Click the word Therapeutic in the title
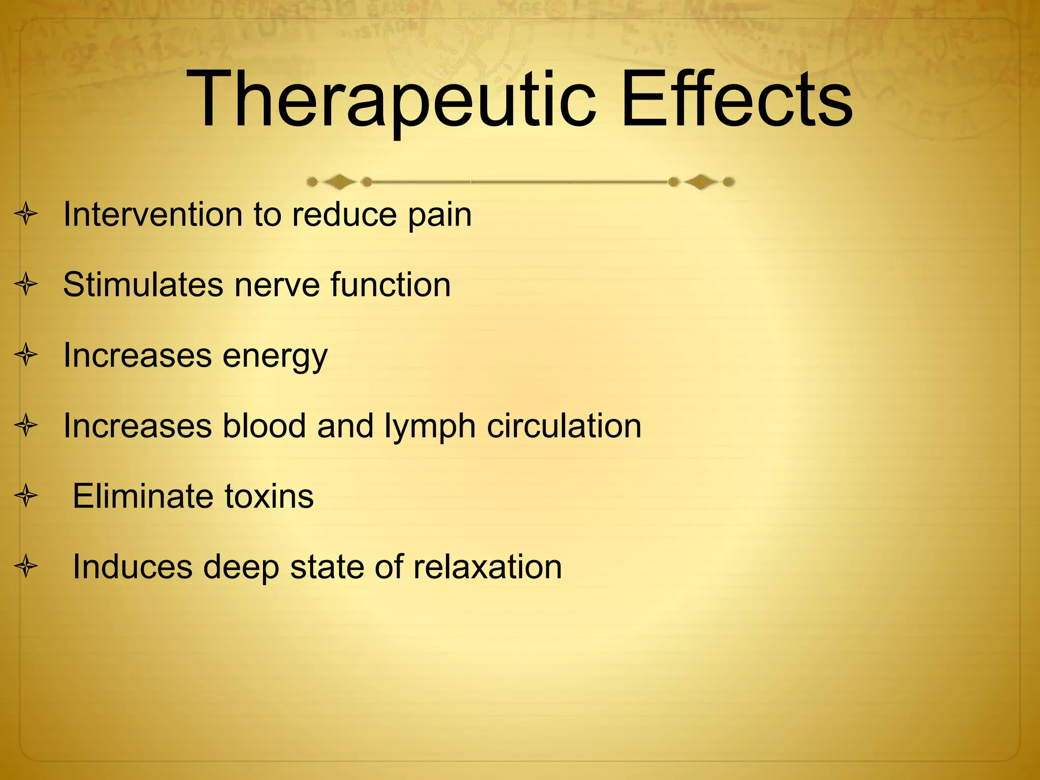pyautogui.click(x=391, y=99)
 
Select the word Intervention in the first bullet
pyautogui.click(x=152, y=214)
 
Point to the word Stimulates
pyautogui.click(x=143, y=284)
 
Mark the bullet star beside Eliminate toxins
pyautogui.click(x=26, y=496)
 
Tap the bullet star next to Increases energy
pyautogui.click(x=26, y=355)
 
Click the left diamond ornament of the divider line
pyautogui.click(x=339, y=181)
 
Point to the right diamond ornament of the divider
pyautogui.click(x=701, y=181)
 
